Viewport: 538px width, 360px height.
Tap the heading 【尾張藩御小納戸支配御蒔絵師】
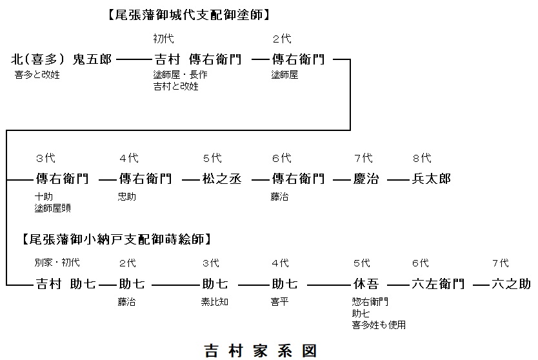click(117, 239)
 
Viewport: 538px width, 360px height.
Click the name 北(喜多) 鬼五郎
click(61, 59)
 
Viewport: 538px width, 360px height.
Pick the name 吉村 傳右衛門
click(198, 59)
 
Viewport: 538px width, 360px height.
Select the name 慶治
click(366, 179)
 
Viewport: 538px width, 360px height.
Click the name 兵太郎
click(431, 179)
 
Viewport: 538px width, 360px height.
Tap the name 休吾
click(366, 284)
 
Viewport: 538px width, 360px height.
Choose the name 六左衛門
click(437, 284)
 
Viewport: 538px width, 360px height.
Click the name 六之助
click(511, 284)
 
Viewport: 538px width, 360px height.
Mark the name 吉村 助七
click(65, 284)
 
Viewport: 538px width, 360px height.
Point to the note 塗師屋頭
click(52, 208)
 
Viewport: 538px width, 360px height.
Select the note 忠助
click(127, 197)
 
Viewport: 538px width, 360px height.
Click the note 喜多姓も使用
click(379, 325)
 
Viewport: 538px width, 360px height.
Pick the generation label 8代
click(422, 158)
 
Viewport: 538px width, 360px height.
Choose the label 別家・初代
click(57, 263)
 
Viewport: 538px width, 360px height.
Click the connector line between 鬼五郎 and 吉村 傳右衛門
click(134, 60)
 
